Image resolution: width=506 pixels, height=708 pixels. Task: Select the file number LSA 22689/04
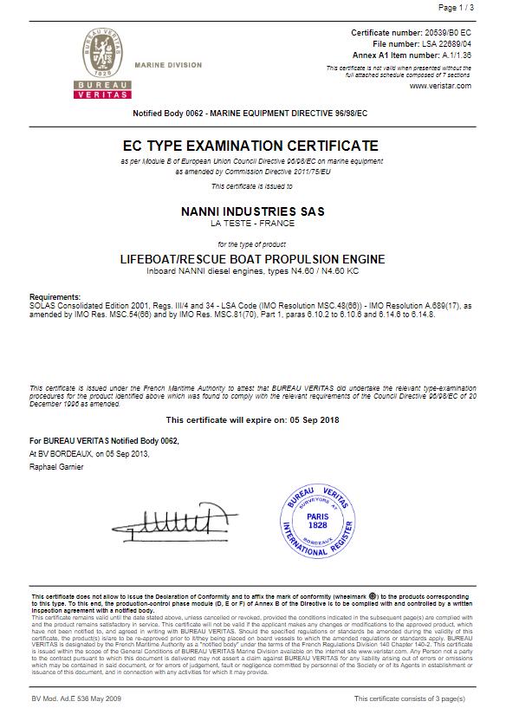(x=448, y=42)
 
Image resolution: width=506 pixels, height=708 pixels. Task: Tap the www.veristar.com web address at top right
(x=440, y=85)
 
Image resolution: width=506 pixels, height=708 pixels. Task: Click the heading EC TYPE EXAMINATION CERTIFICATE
(x=251, y=145)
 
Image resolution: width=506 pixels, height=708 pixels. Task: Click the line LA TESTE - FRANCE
(x=251, y=224)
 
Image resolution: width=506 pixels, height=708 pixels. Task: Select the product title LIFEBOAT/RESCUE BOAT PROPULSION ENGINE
(x=251, y=259)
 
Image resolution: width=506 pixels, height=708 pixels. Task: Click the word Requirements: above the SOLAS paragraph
(x=55, y=296)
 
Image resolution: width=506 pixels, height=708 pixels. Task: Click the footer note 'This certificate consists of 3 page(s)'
(x=411, y=698)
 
